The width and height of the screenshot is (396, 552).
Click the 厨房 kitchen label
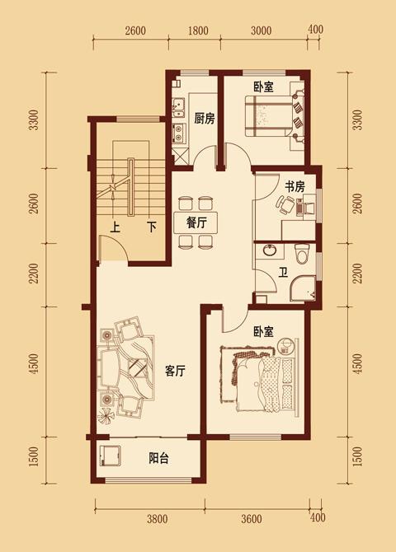204,119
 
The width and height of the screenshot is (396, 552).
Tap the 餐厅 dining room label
196,222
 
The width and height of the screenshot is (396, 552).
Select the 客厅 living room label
175,371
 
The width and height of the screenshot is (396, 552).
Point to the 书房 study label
295,186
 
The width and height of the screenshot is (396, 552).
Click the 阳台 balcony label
158,458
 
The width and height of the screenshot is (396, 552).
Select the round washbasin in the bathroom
271,250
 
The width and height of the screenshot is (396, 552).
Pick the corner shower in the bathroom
302,288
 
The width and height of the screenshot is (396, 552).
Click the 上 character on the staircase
115,227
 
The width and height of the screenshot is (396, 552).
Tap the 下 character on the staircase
152,227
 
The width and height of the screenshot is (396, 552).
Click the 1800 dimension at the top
198,30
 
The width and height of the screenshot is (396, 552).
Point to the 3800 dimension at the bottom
158,518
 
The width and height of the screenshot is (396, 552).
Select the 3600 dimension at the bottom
252,518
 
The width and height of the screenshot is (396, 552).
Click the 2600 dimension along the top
135,30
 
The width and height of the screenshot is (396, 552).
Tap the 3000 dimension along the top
262,30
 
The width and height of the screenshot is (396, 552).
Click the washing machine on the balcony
110,456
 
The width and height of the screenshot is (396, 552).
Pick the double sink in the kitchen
179,108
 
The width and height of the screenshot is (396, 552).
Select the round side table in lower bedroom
285,345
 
